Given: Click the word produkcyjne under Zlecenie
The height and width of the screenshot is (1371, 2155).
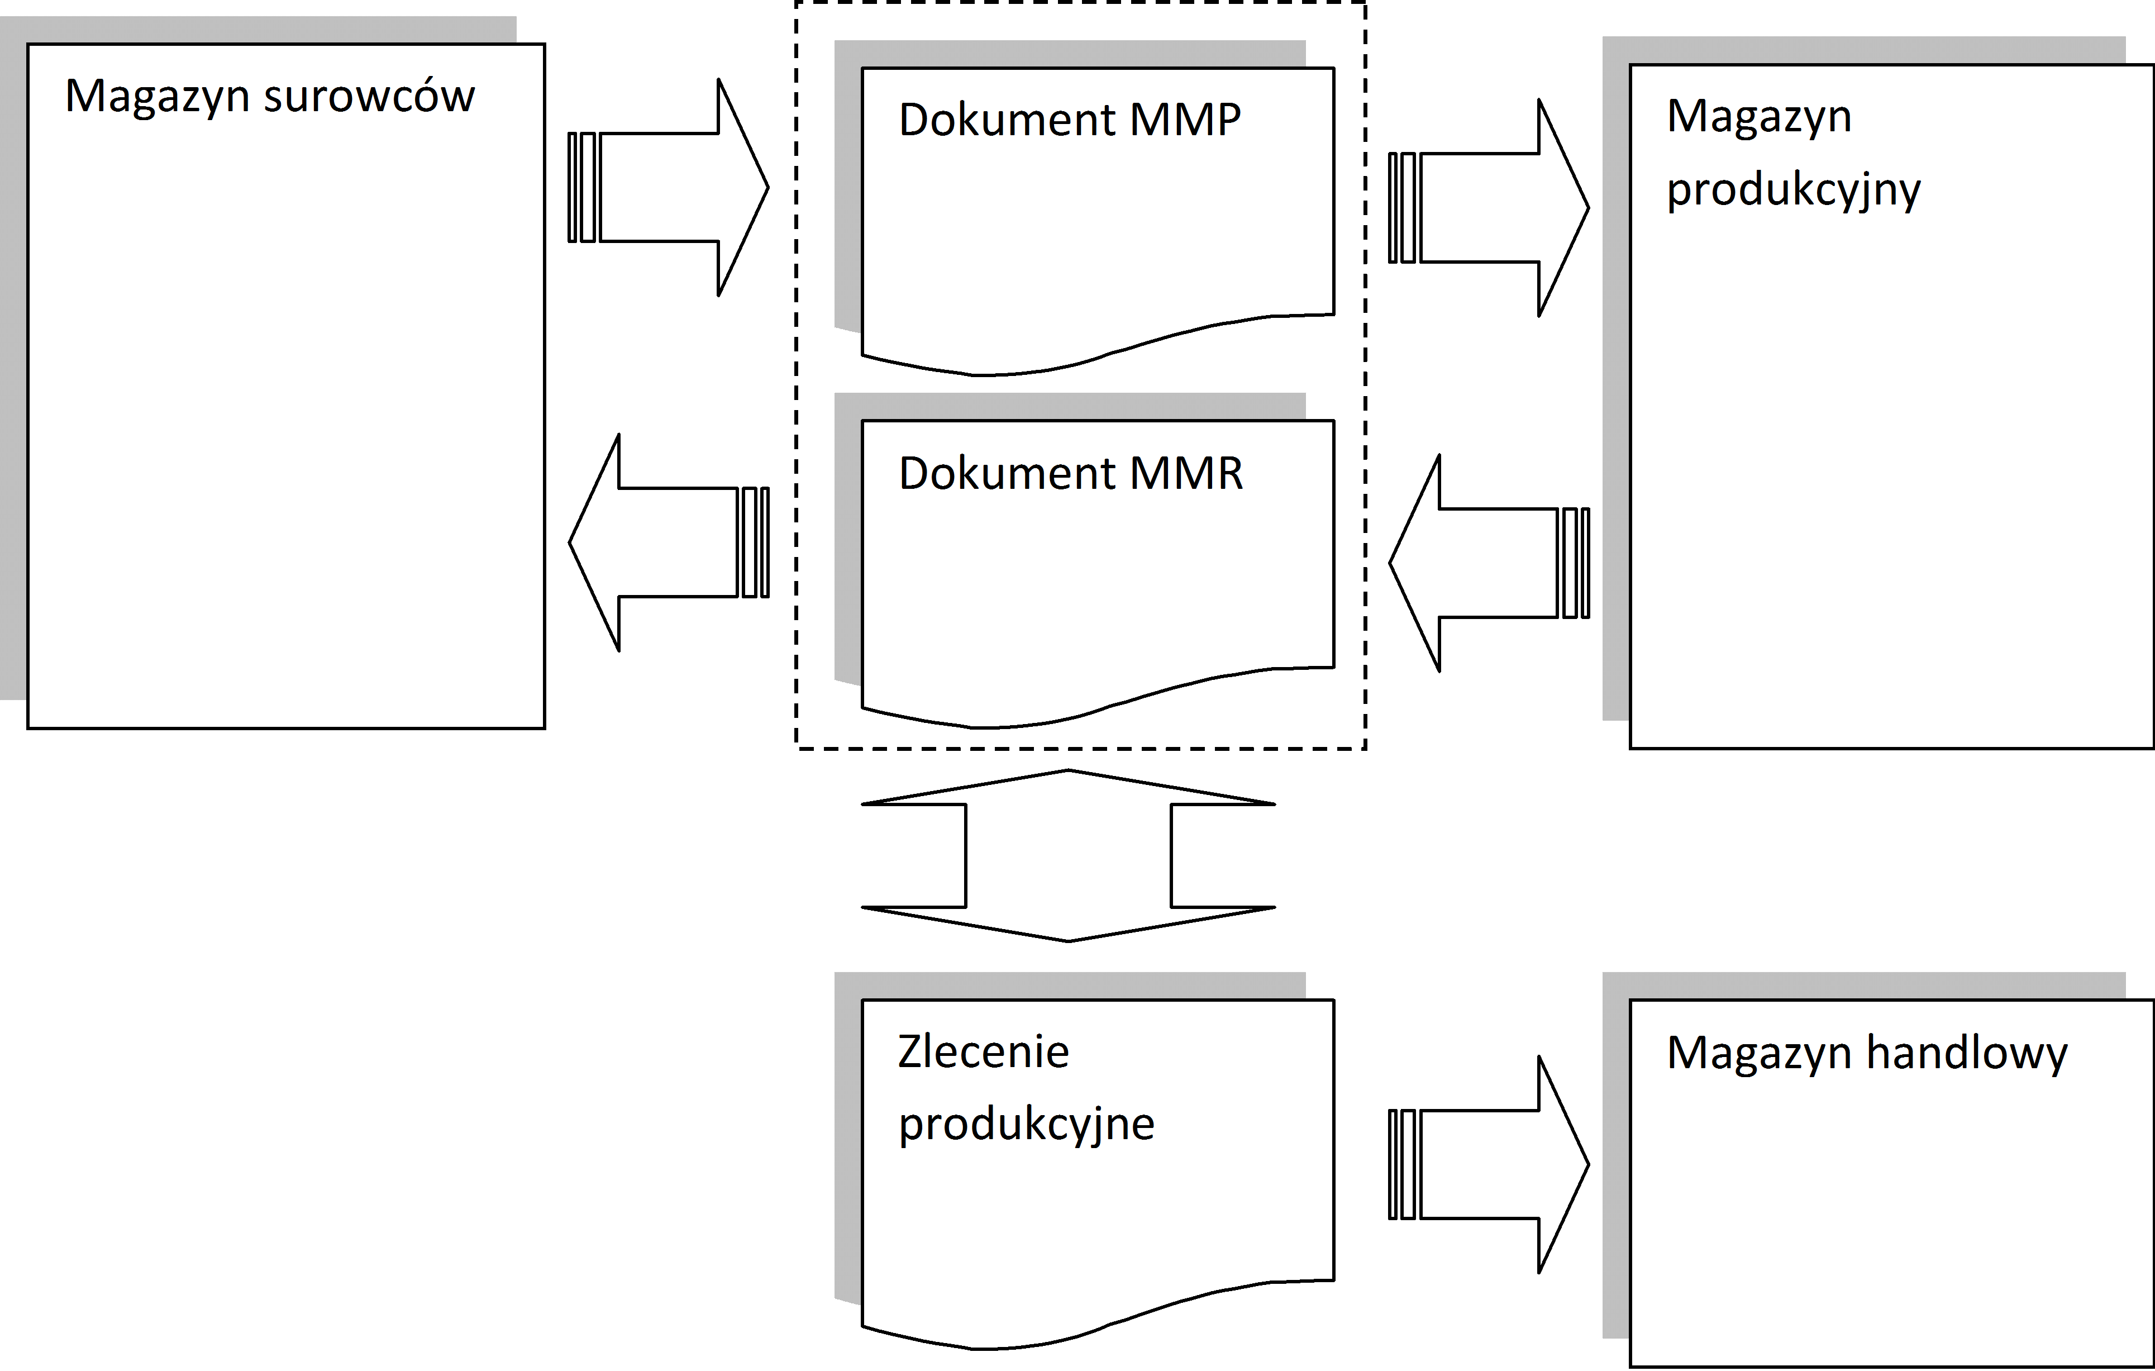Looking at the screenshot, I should coord(1027,1125).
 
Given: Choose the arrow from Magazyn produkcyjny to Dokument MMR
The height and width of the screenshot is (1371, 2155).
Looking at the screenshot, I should coord(1488,563).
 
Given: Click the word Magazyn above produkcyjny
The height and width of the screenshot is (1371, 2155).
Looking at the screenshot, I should coord(1758,117).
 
